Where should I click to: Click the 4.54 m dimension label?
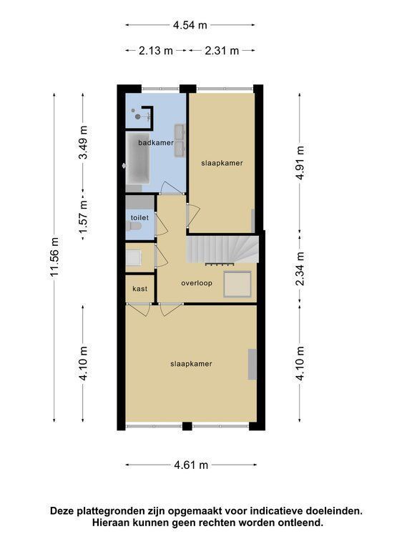click(x=190, y=25)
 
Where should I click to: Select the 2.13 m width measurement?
click(x=156, y=51)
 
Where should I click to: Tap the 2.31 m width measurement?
click(x=222, y=51)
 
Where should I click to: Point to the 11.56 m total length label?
click(x=54, y=257)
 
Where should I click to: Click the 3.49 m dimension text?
click(x=84, y=142)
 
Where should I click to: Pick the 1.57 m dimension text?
click(x=84, y=217)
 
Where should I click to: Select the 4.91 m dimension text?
click(x=300, y=163)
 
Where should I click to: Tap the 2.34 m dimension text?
click(x=300, y=269)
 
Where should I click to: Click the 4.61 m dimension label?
click(x=191, y=465)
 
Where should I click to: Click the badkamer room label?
click(x=156, y=142)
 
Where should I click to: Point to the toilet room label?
click(x=139, y=217)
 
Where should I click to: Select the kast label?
click(x=139, y=289)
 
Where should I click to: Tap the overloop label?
click(x=197, y=283)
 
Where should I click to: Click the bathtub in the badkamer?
click(x=137, y=158)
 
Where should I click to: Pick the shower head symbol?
click(x=137, y=116)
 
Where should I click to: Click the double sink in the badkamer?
click(x=180, y=140)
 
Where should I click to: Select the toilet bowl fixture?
click(x=133, y=227)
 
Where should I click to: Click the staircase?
click(x=222, y=249)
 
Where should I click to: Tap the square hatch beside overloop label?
click(x=237, y=285)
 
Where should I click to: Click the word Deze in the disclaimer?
click(x=62, y=511)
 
